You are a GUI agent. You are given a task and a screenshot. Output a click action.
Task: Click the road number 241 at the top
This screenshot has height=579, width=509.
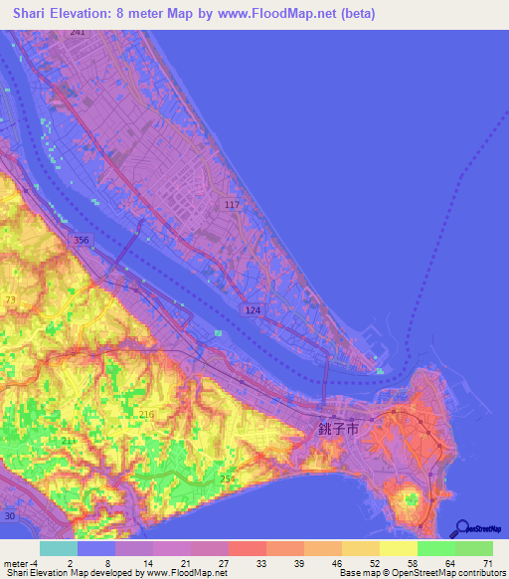tap(78, 32)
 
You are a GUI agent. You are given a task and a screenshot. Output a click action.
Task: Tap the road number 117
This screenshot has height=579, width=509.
tap(233, 205)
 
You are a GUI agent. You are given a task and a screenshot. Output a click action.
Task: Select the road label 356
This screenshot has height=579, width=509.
tap(82, 241)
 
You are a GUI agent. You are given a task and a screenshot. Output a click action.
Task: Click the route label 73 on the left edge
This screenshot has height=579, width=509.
tap(10, 299)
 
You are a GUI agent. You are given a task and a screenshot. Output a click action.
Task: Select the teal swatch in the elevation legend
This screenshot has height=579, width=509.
tap(58, 548)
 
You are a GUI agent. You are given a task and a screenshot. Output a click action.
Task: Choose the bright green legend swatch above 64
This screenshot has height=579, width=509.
tap(435, 548)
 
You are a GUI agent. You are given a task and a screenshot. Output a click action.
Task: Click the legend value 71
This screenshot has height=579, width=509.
tap(485, 562)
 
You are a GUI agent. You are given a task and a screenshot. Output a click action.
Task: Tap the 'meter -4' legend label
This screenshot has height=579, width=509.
tap(21, 562)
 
